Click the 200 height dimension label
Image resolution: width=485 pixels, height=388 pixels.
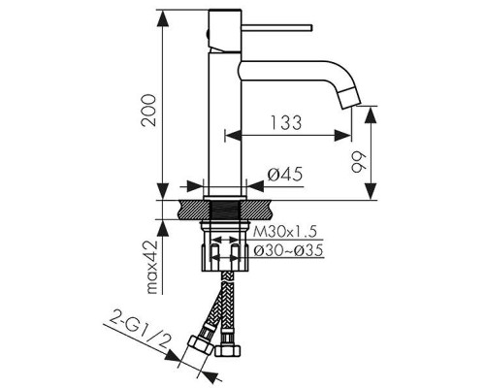[149, 111]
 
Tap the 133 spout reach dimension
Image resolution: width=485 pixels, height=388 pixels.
[286, 123]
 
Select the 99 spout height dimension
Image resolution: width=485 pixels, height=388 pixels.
[358, 162]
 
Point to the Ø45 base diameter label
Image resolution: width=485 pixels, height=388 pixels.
[285, 175]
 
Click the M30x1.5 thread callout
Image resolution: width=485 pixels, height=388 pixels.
[284, 232]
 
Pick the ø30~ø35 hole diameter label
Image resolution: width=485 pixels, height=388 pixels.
[288, 250]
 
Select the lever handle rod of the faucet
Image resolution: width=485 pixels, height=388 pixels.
[277, 27]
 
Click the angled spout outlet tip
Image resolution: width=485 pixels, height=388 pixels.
[351, 97]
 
